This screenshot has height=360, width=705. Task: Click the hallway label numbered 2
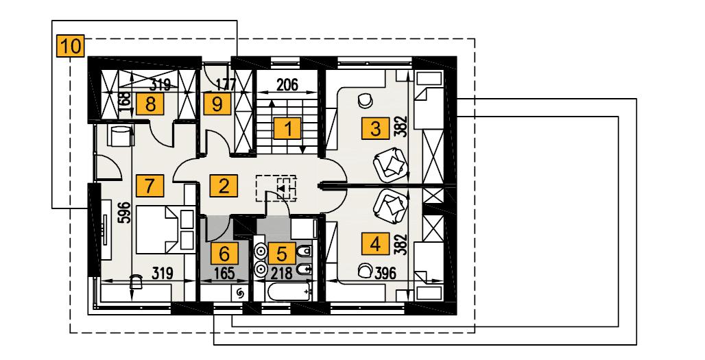click(221, 184)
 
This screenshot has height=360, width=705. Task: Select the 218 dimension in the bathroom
click(282, 273)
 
